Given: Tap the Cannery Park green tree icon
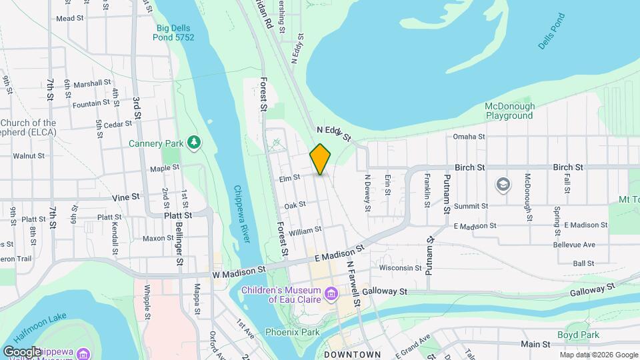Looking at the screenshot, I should pyautogui.click(x=194, y=141).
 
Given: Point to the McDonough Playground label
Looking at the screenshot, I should pyautogui.click(x=509, y=111).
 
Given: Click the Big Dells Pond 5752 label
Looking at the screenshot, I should pyautogui.click(x=175, y=33).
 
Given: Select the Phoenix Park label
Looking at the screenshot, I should pyautogui.click(x=291, y=331).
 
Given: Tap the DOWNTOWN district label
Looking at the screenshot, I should pyautogui.click(x=352, y=355).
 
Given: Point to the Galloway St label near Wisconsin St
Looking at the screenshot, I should pyautogui.click(x=385, y=291).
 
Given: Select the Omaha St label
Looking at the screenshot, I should pyautogui.click(x=469, y=137).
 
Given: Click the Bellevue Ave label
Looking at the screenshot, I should pyautogui.click(x=574, y=245).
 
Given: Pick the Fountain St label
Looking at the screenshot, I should pyautogui.click(x=91, y=103).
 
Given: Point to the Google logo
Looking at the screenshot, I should pyautogui.click(x=22, y=351).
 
